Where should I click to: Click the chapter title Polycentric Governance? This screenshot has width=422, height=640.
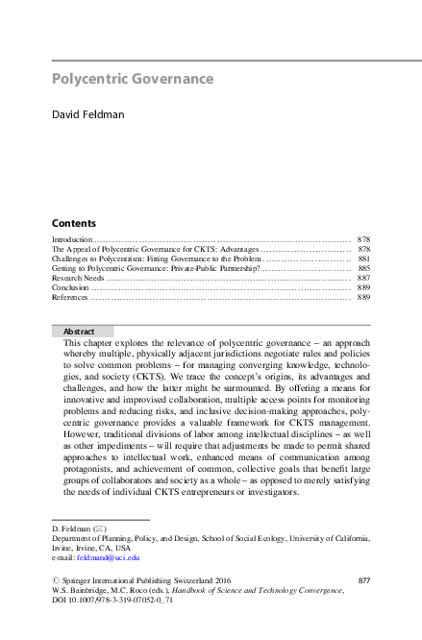(x=132, y=79)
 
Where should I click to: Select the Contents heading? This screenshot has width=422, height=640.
(x=73, y=221)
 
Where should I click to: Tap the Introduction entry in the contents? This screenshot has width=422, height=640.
(x=71, y=238)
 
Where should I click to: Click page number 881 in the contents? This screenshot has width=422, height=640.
(x=363, y=258)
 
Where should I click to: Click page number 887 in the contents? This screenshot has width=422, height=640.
(x=363, y=278)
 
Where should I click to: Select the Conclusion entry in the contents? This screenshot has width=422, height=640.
(x=70, y=287)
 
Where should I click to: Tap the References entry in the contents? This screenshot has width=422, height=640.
(x=70, y=298)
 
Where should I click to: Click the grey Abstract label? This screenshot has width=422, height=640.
(x=79, y=331)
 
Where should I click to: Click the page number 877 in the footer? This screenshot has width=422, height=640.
(x=363, y=580)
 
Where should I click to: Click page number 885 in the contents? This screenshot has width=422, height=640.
(x=363, y=268)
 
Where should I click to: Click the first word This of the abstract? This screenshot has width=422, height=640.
(x=72, y=343)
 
